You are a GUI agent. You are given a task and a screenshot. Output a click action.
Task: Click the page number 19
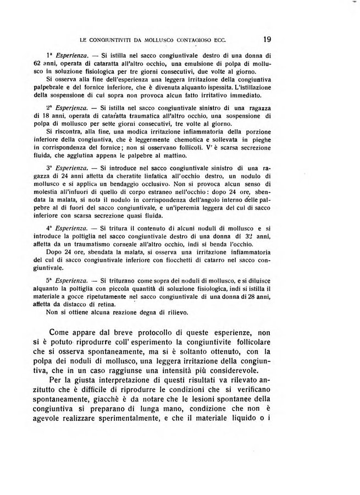[x=268, y=39]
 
